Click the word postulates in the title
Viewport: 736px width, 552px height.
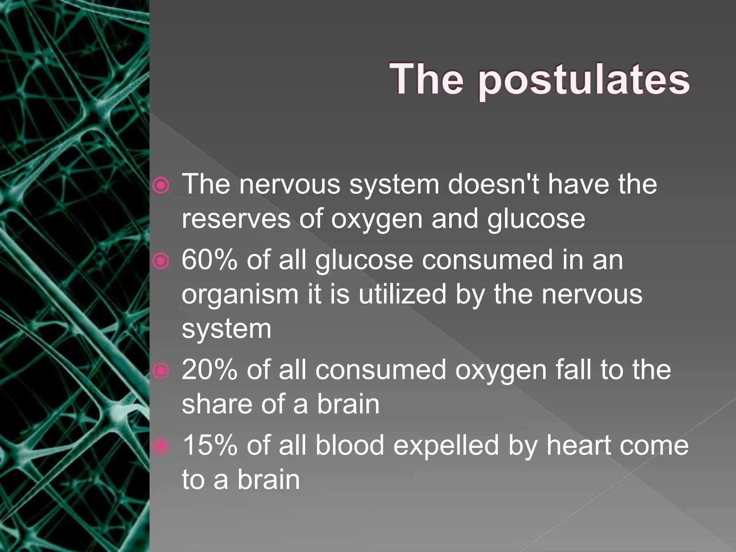coord(584,80)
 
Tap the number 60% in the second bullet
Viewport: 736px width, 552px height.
coord(209,260)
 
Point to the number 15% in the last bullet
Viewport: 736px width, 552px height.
coord(210,445)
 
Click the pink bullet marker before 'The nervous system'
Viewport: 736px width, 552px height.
coord(161,185)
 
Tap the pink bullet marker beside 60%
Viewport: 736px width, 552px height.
coord(161,261)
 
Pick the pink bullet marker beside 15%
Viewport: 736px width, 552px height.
coord(161,447)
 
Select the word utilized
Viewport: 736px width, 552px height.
coord(402,294)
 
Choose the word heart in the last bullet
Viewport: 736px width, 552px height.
coord(579,445)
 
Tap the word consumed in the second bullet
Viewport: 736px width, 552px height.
coord(487,260)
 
